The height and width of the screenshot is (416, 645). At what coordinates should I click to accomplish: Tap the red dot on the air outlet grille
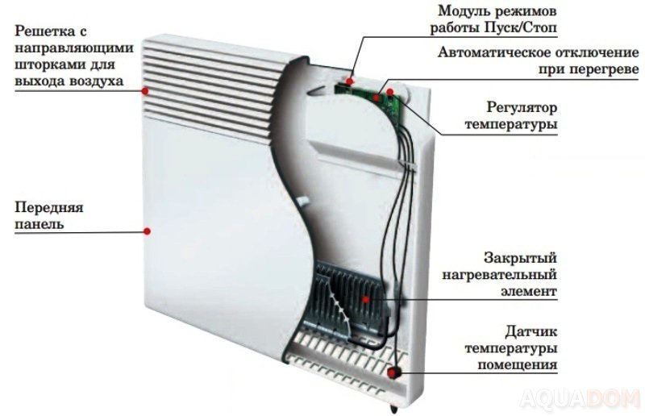[145, 91]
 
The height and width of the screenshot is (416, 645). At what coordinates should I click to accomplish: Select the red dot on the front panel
[148, 231]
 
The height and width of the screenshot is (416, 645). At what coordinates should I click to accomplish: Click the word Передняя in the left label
[49, 207]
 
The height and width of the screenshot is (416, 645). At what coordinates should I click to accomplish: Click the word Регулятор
[522, 107]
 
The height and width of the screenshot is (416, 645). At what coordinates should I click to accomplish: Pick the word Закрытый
[520, 258]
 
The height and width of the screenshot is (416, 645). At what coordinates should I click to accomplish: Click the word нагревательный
[499, 274]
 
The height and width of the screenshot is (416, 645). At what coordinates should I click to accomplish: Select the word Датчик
[531, 331]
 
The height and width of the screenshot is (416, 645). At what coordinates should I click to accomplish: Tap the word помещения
[517, 364]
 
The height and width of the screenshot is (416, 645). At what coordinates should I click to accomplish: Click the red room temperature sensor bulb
[393, 372]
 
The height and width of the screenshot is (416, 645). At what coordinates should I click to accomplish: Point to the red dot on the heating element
[366, 299]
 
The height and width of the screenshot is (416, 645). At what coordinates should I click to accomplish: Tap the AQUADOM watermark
[580, 399]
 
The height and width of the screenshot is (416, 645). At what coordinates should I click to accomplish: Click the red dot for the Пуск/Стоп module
[349, 81]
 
